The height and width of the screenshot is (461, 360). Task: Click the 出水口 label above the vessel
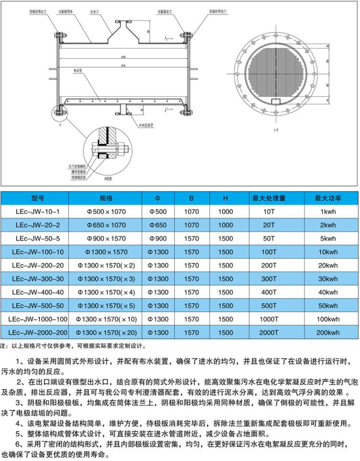94,9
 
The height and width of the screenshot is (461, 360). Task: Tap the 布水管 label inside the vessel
78,70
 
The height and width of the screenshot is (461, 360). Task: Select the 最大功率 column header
326,198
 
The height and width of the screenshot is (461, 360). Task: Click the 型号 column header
35,198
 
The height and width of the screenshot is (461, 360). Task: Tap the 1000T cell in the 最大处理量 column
269,319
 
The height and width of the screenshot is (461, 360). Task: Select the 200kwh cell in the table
326,333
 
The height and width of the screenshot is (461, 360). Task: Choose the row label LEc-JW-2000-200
35,333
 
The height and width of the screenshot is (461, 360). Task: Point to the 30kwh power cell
326,279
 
